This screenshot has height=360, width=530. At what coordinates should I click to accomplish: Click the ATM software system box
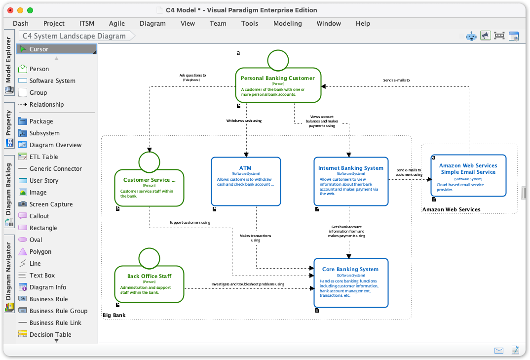[246, 181]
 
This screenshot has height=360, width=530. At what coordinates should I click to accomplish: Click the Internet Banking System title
[350, 168]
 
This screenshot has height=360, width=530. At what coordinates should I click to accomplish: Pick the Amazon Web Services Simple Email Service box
[468, 176]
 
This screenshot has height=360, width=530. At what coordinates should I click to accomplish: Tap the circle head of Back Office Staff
[149, 258]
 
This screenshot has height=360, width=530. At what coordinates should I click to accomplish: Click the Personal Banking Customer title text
[277, 78]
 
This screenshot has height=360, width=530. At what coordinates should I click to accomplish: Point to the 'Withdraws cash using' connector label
[244, 120]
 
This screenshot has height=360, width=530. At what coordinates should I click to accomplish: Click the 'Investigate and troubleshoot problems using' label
[248, 284]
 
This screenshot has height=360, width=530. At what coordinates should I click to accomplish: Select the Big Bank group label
[114, 315]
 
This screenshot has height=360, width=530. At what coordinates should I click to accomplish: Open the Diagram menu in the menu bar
[152, 23]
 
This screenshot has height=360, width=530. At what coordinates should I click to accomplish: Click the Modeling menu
[287, 23]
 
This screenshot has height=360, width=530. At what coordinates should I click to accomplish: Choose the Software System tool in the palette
[52, 81]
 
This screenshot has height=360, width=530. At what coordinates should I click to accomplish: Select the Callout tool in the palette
[39, 216]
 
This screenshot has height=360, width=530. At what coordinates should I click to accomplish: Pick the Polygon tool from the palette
[40, 252]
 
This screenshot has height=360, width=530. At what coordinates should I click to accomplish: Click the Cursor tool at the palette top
[38, 49]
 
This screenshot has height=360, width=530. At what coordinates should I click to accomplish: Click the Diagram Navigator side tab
[8, 272]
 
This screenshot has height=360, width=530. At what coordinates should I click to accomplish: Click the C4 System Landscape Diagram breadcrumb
[74, 36]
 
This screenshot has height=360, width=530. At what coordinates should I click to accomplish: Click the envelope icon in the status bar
[499, 350]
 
